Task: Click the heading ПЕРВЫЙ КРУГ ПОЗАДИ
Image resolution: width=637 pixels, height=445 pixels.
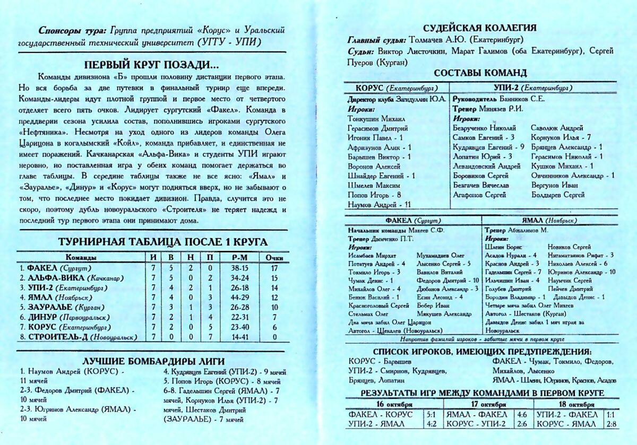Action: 151,65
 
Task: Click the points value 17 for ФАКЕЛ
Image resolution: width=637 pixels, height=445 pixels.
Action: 274,268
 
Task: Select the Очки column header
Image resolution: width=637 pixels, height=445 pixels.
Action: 274,257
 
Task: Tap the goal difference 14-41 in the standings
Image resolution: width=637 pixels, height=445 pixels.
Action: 240,337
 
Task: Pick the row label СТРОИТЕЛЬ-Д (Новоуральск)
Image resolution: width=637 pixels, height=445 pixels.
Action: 79,337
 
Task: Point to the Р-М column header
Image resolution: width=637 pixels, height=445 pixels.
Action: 240,257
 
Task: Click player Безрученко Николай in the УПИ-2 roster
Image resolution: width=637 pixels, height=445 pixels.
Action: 485,128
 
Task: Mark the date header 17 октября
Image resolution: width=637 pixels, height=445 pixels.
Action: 479,403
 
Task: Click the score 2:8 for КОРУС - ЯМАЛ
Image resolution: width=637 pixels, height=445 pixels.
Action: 610,424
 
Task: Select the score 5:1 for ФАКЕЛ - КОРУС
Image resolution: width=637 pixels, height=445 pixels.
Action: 431,414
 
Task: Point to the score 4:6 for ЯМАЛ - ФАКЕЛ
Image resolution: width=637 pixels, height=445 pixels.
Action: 521,414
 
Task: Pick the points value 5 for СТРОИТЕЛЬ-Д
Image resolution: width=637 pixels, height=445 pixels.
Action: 274,337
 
